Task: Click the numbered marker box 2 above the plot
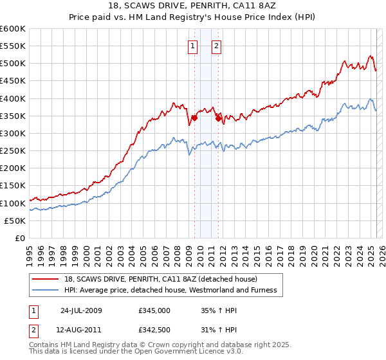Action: [x=216, y=46]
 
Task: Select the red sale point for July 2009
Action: [x=194, y=118]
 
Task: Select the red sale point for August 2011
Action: [x=218, y=118]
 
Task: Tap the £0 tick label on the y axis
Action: [x=20, y=238]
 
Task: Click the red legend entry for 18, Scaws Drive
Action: [x=161, y=279]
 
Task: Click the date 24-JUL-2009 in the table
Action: [x=81, y=310]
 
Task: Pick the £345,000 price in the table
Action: [x=154, y=310]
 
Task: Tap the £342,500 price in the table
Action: [x=154, y=330]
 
